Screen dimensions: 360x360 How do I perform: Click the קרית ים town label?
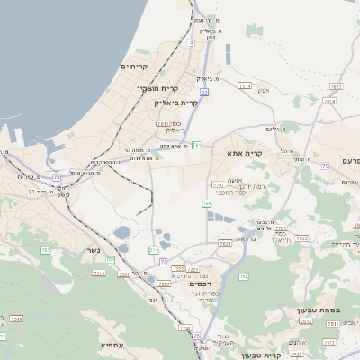click(x=134, y=67)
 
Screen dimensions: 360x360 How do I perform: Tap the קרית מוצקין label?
click(x=159, y=88)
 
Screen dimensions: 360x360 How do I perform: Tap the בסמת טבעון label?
click(x=319, y=310)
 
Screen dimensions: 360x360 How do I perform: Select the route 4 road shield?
click(x=192, y=42)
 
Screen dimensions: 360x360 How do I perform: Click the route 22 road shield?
click(x=204, y=93)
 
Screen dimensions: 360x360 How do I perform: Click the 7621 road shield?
click(x=224, y=243)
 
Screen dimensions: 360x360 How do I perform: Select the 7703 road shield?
click(x=302, y=238)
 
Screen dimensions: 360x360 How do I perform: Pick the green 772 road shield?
click(x=154, y=250)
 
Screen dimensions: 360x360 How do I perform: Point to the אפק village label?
click(x=264, y=91)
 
